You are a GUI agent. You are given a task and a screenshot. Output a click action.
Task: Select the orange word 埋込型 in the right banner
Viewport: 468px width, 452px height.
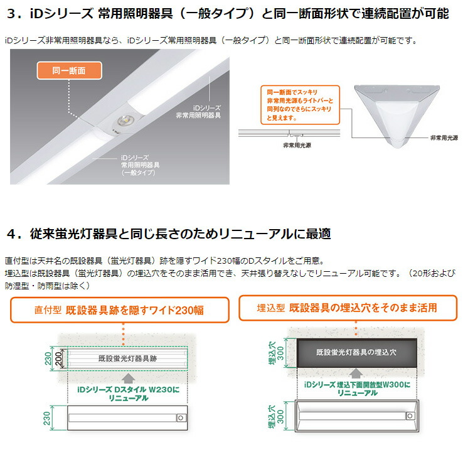[271, 308]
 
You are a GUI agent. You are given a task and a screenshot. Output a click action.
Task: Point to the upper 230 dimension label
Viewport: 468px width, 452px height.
[46, 358]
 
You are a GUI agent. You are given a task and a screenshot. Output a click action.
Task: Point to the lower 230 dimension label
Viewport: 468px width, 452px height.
[47, 417]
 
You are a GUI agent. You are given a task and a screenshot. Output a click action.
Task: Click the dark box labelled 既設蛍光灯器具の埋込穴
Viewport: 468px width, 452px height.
[356, 352]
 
